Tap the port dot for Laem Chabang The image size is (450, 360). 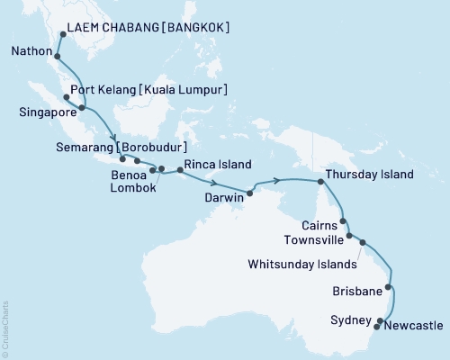pos(61,34)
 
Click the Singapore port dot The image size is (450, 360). pos(82,108)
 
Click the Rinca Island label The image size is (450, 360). pos(217,165)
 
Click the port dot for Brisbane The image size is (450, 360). pos(388,288)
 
